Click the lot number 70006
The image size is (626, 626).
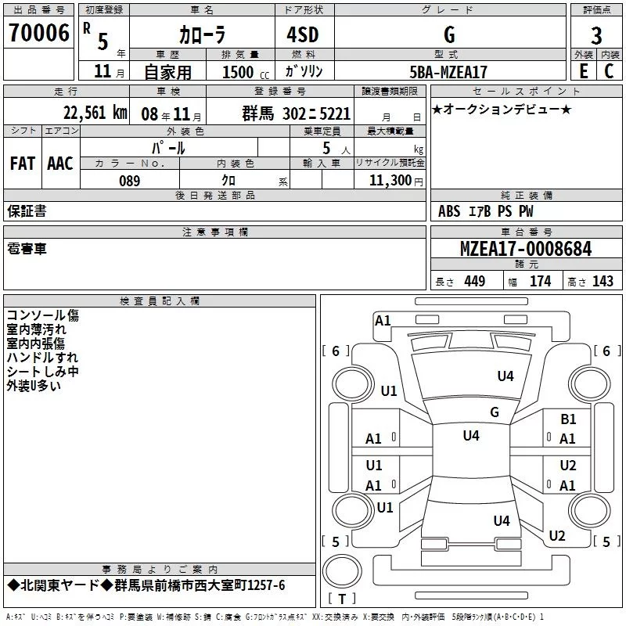[x=38, y=33]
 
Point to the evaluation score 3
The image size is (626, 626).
[x=596, y=35]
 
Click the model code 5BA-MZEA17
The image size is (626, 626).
[x=448, y=72]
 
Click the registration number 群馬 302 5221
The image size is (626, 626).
[x=296, y=113]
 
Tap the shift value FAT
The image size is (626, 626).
[x=22, y=163]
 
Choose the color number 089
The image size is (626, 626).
[x=129, y=181]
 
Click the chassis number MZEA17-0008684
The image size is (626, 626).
[x=526, y=249]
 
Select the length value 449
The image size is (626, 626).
[x=474, y=281]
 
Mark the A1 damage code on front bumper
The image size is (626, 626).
[x=383, y=320]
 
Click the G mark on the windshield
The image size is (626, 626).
[x=495, y=412]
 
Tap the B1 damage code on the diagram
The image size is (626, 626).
[x=568, y=419]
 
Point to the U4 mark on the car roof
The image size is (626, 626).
[x=470, y=435]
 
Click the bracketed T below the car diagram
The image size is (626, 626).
[x=342, y=599]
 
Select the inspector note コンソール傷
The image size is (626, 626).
[x=42, y=315]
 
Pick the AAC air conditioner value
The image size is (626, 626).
[x=60, y=163]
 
